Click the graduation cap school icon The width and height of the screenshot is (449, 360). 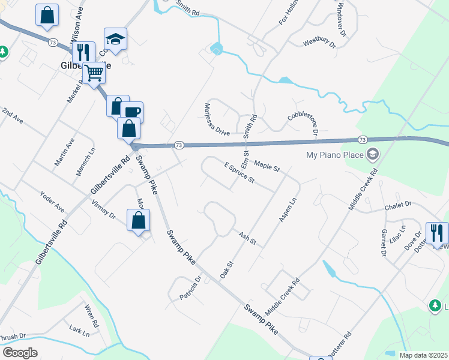pos(115,40)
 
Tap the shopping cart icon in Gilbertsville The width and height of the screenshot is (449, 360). pos(94,73)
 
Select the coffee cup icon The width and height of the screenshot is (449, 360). pos(132,112)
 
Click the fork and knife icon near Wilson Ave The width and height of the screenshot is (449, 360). pos(83,52)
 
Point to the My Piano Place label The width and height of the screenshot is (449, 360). pos(334,155)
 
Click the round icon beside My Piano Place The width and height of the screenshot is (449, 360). pos(372,155)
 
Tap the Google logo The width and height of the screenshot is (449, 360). pos(19,353)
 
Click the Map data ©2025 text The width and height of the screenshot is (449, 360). pos(423,355)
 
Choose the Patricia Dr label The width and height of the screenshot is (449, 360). pos(191,288)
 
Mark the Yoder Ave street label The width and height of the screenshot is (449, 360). pos(52,201)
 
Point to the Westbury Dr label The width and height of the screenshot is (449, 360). pos(317,42)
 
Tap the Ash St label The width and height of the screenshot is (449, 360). pos(247,239)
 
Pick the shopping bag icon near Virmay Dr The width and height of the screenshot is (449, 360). pos(138,220)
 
